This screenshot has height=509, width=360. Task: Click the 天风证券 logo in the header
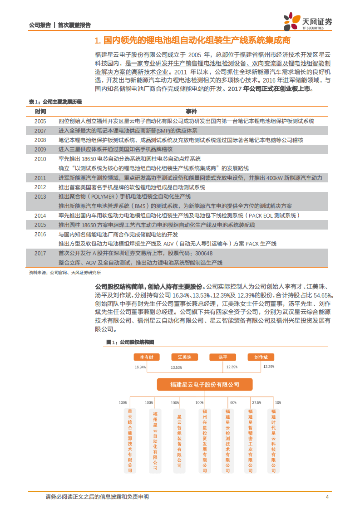tap(307, 21)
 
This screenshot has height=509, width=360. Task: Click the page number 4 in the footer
tap(327, 497)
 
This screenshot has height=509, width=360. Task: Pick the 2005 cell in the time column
tap(40, 121)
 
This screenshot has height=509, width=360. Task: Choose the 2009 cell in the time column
tap(40, 149)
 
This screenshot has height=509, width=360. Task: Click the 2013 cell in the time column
tap(40, 196)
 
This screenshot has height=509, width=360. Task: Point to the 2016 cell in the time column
tap(40, 234)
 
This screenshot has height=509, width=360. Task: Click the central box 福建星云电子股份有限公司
tap(205, 384)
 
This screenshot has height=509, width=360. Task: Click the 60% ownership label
tap(233, 402)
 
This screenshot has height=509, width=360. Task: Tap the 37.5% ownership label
tap(256, 402)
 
